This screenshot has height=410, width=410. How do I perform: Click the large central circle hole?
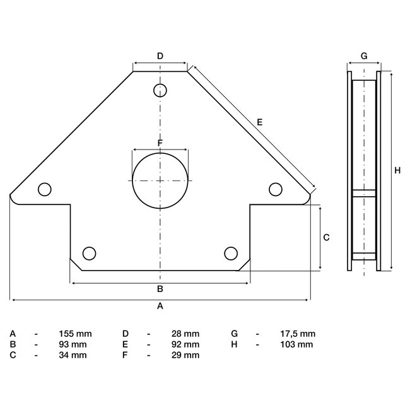pyautogui.click(x=160, y=180)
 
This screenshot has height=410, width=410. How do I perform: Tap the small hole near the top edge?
pyautogui.click(x=160, y=90)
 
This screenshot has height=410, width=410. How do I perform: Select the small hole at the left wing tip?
pyautogui.click(x=44, y=189)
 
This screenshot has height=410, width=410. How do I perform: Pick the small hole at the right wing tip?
pyautogui.click(x=276, y=189)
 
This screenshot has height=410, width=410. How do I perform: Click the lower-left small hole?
pyautogui.click(x=90, y=253)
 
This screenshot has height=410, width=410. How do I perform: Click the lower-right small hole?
pyautogui.click(x=231, y=253)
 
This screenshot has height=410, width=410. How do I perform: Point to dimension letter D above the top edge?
pyautogui.click(x=160, y=56)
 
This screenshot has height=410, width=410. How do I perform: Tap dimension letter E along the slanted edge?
pyautogui.click(x=259, y=122)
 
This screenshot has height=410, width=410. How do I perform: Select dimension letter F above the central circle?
pyautogui.click(x=160, y=143)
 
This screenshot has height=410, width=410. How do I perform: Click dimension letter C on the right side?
pyautogui.click(x=326, y=238)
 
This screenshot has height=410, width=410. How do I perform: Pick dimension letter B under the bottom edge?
pyautogui.click(x=160, y=290)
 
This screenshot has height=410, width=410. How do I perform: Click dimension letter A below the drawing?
pyautogui.click(x=160, y=307)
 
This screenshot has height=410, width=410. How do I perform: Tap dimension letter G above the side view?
pyautogui.click(x=364, y=56)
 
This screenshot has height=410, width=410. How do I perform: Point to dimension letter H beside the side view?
pyautogui.click(x=397, y=170)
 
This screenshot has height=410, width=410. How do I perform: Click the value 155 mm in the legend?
pyautogui.click(x=74, y=334)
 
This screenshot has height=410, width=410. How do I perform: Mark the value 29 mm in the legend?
pyautogui.click(x=186, y=355)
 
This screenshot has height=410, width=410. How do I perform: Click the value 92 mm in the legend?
pyautogui.click(x=186, y=344)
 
